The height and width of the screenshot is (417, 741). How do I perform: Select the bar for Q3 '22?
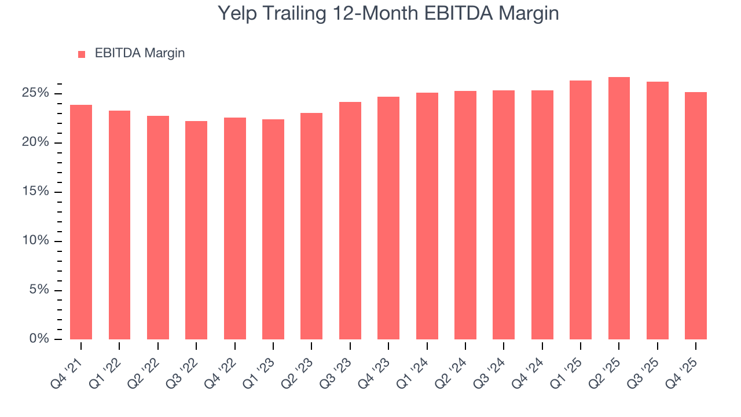(x=196, y=230)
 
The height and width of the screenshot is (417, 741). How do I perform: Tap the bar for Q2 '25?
(x=619, y=208)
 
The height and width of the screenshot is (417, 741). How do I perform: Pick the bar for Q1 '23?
(x=273, y=229)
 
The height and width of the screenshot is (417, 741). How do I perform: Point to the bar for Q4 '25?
(x=696, y=215)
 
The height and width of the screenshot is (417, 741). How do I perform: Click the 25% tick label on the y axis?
(x=36, y=93)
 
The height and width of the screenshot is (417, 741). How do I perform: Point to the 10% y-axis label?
(x=36, y=241)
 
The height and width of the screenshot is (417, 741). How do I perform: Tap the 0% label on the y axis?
(x=39, y=339)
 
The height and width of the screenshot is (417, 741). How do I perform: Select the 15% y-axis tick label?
(x=36, y=192)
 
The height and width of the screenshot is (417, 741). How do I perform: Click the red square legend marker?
(x=82, y=54)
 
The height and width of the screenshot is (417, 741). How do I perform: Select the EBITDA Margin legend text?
(x=140, y=53)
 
